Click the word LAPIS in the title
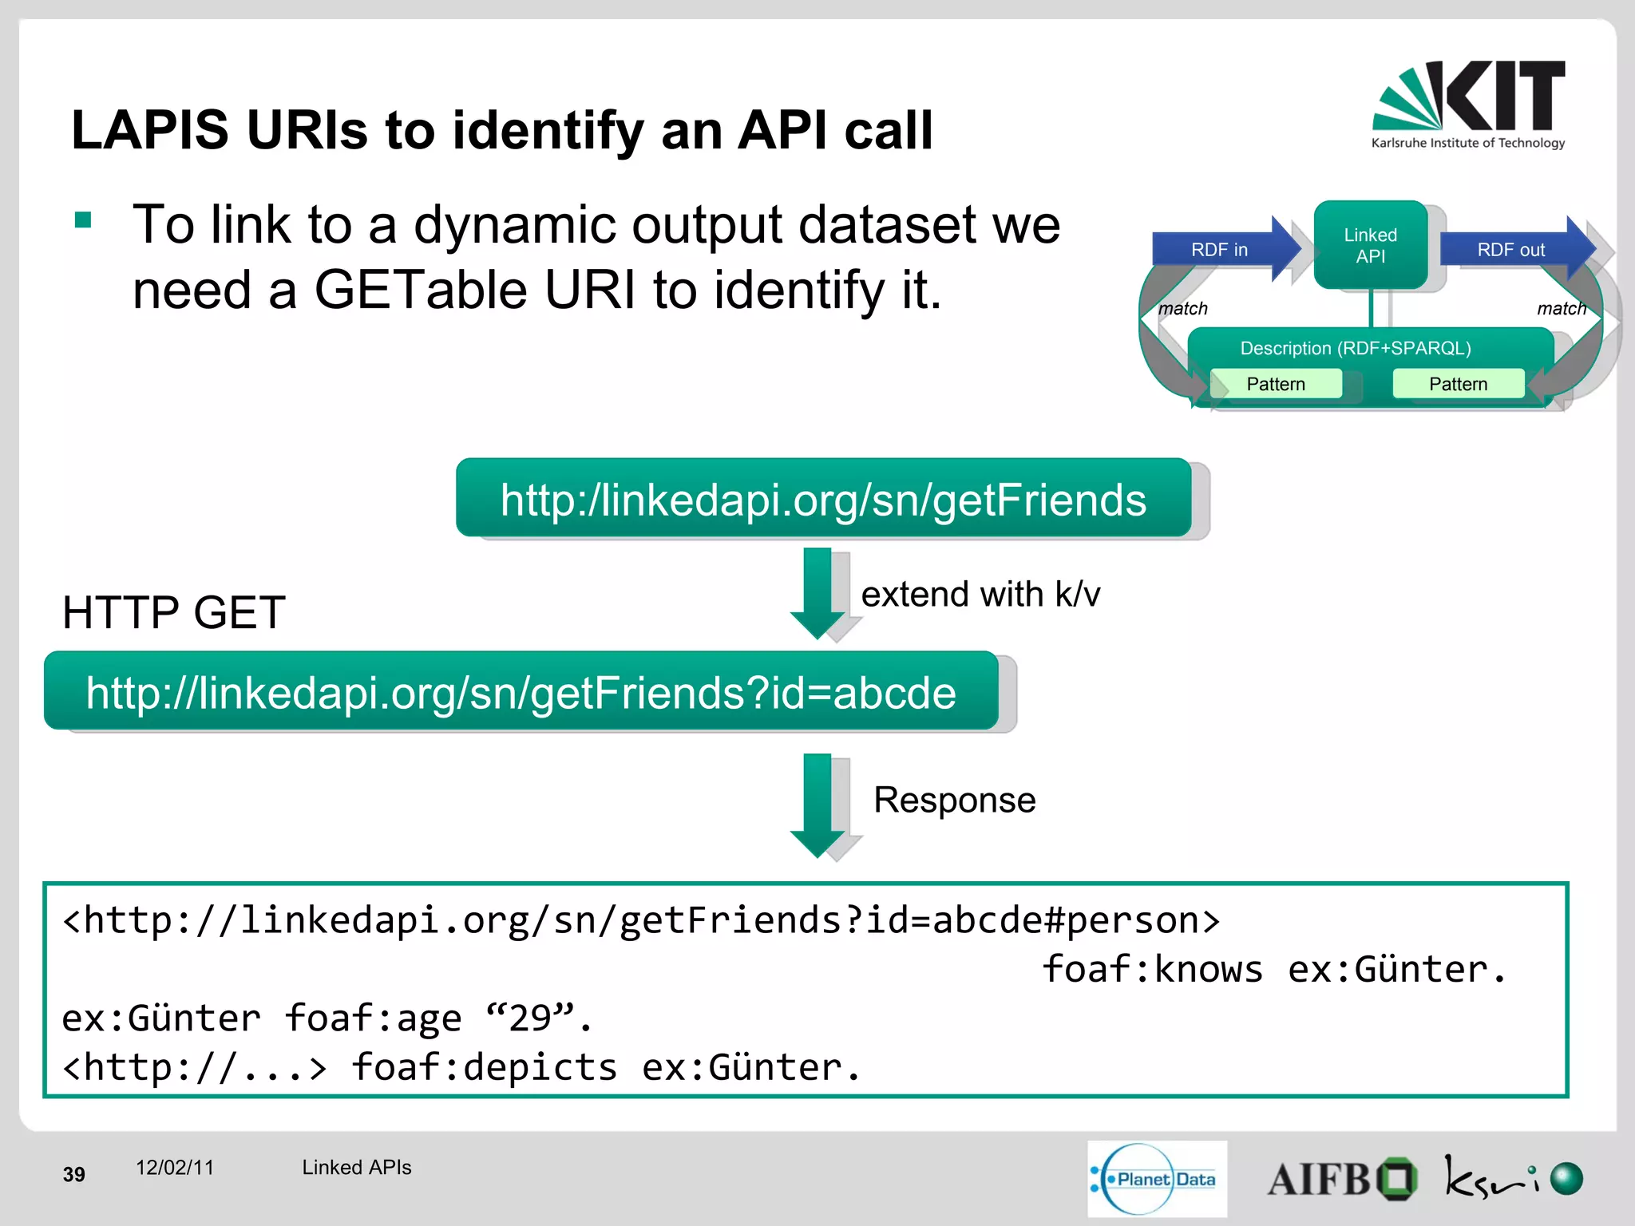point(149,129)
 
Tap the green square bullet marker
point(83,219)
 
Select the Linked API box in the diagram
point(1370,245)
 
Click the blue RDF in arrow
point(1221,250)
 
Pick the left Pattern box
point(1275,384)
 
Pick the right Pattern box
point(1458,384)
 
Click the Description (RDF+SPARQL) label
point(1355,348)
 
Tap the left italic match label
point(1182,308)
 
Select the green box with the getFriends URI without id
point(823,499)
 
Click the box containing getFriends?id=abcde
point(521,692)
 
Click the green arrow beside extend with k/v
point(817,592)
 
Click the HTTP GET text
point(174,613)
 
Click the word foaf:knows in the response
point(1152,969)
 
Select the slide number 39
point(73,1174)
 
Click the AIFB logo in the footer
point(1341,1179)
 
